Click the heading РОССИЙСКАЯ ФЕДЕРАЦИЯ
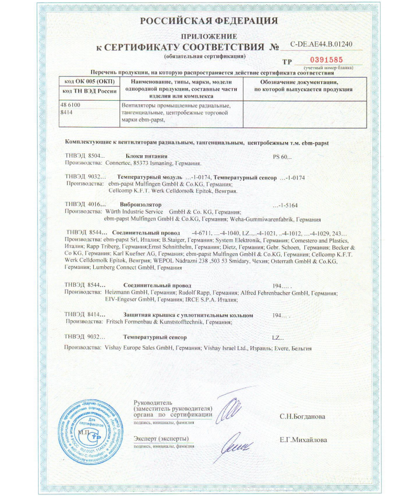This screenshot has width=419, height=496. [x=209, y=21]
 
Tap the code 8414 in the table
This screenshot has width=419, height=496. [x=67, y=112]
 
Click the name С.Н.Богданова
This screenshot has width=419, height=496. [x=302, y=417]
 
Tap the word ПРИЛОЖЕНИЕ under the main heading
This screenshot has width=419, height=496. [x=209, y=36]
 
